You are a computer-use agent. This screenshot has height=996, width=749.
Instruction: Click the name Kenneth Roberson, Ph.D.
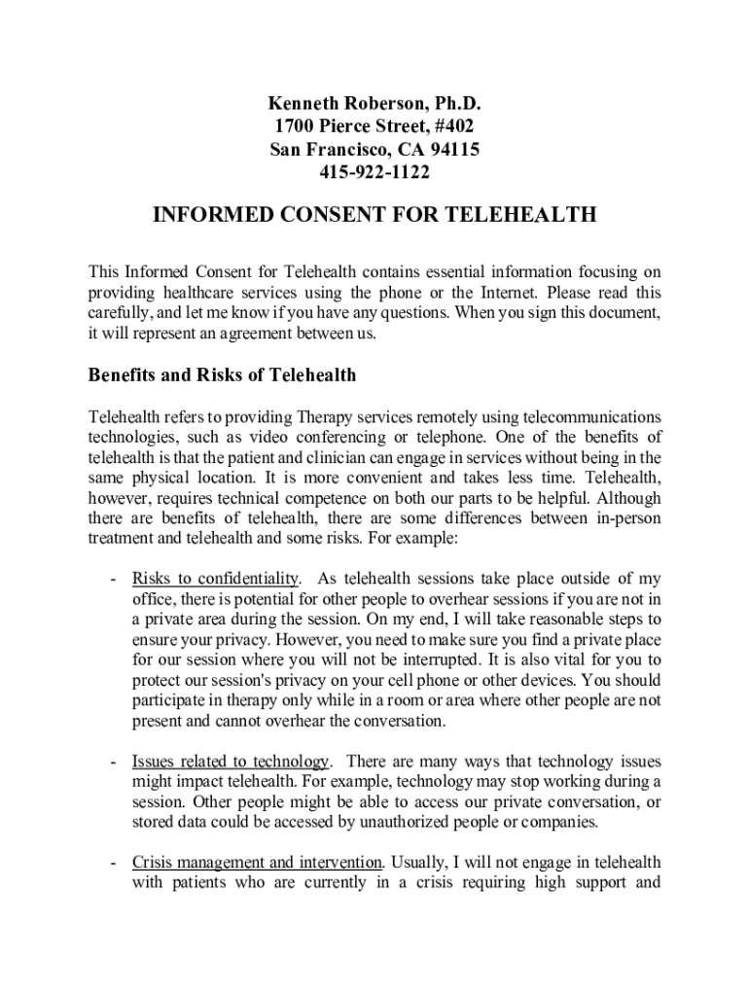tap(374, 103)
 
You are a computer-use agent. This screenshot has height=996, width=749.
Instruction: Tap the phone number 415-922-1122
tap(374, 173)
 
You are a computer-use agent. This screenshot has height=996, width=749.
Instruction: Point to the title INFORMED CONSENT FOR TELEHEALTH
tap(374, 216)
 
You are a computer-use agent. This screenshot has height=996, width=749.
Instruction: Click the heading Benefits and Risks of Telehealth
tap(223, 374)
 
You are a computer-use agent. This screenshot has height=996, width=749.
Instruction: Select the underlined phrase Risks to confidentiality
tap(216, 581)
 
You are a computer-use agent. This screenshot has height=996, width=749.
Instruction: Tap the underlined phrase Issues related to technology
tap(232, 761)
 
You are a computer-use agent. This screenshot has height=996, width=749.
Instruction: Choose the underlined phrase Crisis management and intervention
tap(257, 863)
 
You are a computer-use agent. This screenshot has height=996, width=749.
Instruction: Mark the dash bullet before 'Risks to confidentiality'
tap(114, 581)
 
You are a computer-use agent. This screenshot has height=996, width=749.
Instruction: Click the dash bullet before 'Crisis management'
tap(114, 863)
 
